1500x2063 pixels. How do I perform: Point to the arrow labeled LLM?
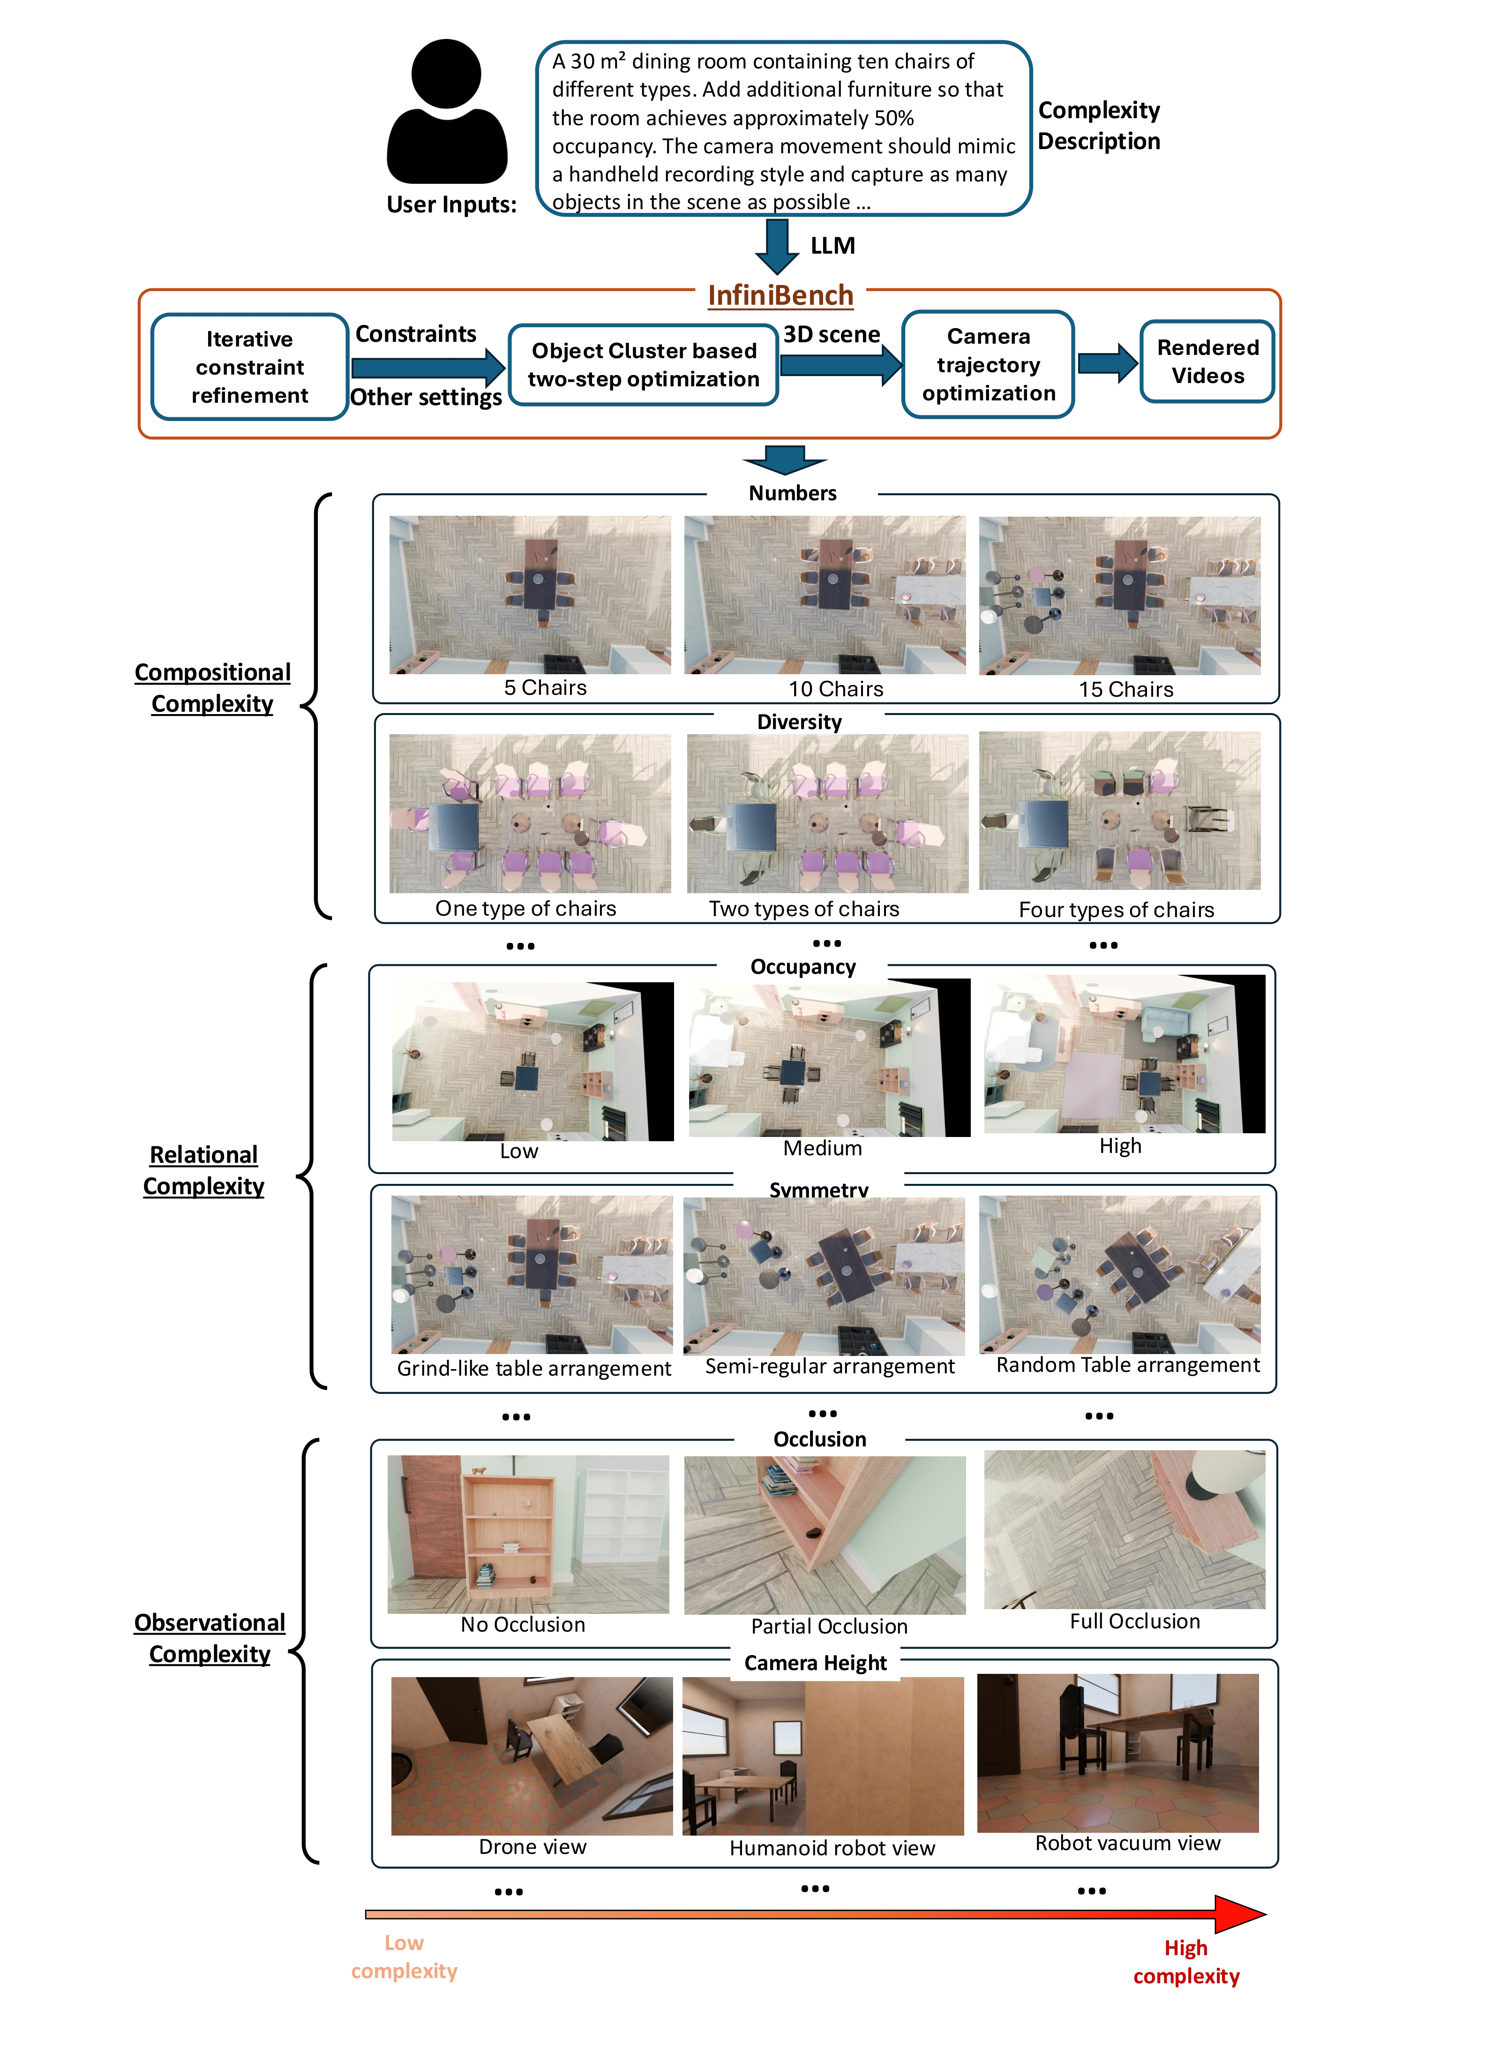pyautogui.click(x=778, y=246)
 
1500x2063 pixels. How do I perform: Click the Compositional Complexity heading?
pyautogui.click(x=213, y=688)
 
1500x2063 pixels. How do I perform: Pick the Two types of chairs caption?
pyautogui.click(x=803, y=909)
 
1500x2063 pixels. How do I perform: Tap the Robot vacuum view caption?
pyautogui.click(x=1127, y=1843)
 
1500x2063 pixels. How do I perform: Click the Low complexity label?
pyautogui.click(x=404, y=1957)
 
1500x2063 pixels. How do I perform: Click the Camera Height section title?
pyautogui.click(x=815, y=1663)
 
